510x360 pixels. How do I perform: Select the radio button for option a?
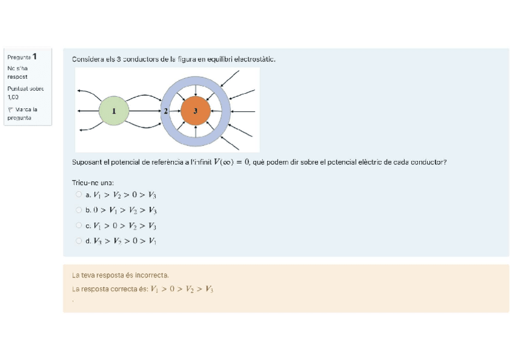tap(79, 194)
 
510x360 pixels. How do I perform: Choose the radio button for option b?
tap(79, 210)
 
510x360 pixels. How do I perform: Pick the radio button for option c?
tap(79, 225)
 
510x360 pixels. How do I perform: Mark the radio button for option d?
tap(79, 241)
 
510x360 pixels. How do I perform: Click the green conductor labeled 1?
tap(114, 111)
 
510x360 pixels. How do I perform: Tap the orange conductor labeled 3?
tap(195, 111)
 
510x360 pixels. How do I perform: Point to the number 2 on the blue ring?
tap(166, 111)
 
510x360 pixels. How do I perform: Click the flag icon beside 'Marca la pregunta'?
tap(10, 110)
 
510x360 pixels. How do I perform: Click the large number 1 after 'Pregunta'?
tap(35, 56)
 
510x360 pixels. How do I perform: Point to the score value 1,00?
tap(13, 97)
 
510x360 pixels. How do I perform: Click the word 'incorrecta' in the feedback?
tap(149, 275)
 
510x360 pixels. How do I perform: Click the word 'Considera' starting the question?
tap(88, 59)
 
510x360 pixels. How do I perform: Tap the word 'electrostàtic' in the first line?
tap(254, 59)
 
